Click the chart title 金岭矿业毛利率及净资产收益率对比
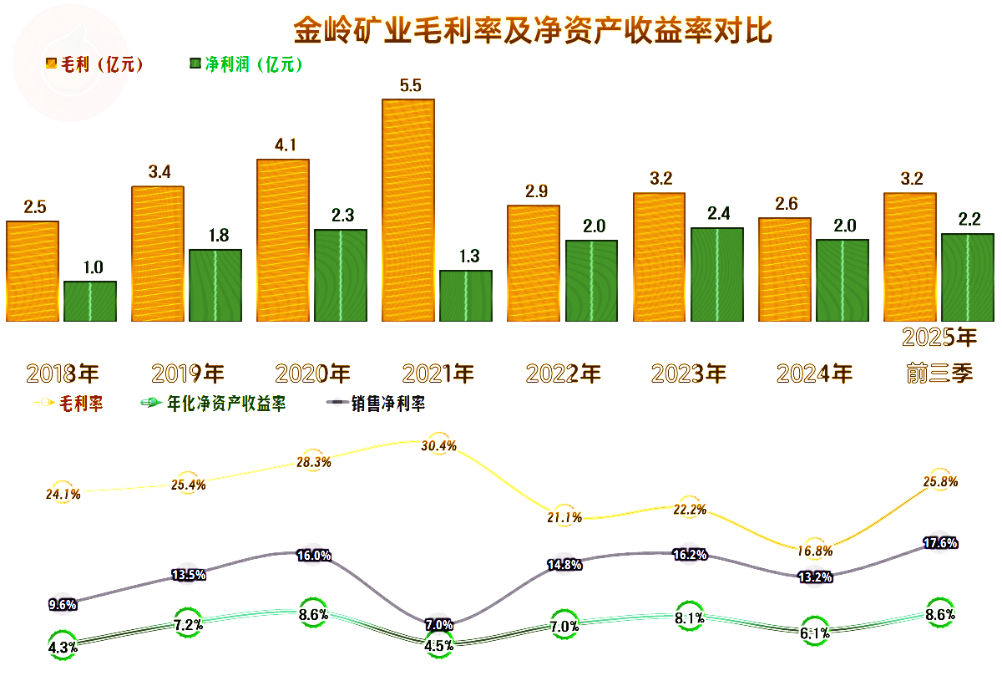coord(533,30)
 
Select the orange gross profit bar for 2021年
coord(408,210)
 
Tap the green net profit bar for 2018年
coord(90,301)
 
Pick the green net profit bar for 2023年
coord(717,274)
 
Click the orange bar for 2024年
coord(784,269)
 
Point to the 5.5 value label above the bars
coord(411,84)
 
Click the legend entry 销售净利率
coord(376,404)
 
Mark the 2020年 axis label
coord(313,373)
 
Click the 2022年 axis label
coord(564,373)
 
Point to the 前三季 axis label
coord(939,373)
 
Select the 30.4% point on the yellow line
coord(439,445)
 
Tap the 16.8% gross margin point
coord(815,550)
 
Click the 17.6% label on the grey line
coord(940,543)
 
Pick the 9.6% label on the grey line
coord(63,604)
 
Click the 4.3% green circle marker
coord(63,646)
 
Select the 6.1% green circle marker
coord(815,633)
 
